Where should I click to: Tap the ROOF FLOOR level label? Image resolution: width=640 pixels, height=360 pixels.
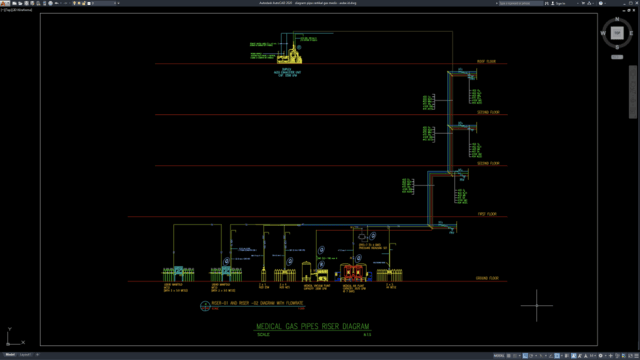point(487,62)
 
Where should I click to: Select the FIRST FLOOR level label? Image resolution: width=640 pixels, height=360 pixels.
point(486,214)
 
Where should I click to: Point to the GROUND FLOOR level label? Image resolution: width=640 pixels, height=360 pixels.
point(486,277)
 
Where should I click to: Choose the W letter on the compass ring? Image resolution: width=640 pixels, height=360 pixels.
point(603,35)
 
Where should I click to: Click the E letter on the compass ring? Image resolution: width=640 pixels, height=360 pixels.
point(631,35)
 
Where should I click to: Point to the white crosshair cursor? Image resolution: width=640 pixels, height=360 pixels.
point(537,305)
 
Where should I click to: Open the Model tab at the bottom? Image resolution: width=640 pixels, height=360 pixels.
point(9,354)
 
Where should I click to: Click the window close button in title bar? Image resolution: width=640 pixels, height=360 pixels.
point(632,3)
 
